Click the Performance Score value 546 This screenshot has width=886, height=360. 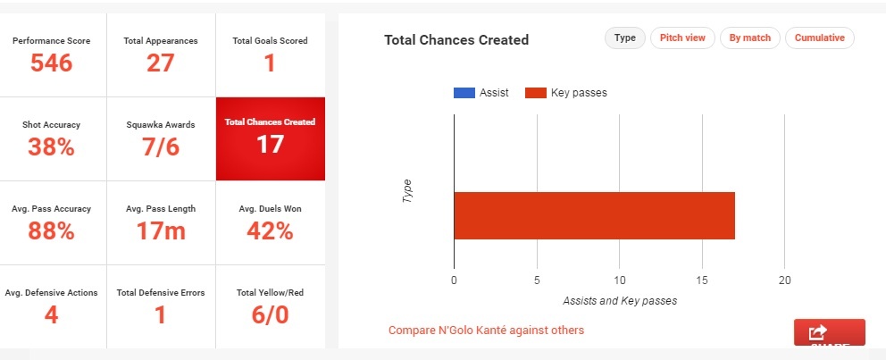(x=53, y=63)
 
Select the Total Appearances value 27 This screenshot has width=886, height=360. (x=161, y=63)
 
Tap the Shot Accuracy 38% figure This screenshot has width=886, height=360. (x=51, y=147)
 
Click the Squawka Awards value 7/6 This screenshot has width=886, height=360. (x=161, y=147)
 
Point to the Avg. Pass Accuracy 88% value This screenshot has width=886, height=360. (x=51, y=230)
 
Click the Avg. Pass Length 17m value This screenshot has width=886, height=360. (x=161, y=230)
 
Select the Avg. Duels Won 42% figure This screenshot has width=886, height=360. (x=270, y=230)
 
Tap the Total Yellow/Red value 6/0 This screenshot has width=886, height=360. (x=270, y=314)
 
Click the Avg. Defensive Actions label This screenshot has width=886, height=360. (x=51, y=292)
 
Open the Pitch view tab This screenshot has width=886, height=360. (x=682, y=38)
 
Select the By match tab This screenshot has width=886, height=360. (x=750, y=38)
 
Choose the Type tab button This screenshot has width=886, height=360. (x=625, y=38)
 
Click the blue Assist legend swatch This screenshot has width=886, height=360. (x=464, y=93)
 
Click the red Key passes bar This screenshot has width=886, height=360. (x=594, y=215)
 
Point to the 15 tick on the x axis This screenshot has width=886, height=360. (x=702, y=280)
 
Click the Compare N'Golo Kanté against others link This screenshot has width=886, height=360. (x=486, y=331)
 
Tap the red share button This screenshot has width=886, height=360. (x=829, y=332)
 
